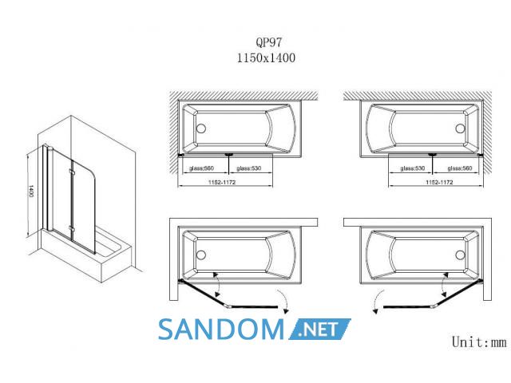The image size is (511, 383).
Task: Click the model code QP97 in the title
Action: click(268, 42)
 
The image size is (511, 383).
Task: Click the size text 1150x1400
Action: click(266, 58)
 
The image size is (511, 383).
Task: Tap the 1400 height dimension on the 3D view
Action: click(31, 191)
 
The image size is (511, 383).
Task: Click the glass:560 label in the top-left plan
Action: click(201, 168)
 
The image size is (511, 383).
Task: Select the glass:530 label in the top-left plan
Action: click(248, 168)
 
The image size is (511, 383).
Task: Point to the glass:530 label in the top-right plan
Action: click(413, 168)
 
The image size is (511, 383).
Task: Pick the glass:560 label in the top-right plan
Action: click(460, 168)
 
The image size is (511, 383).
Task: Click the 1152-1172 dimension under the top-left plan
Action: click(222, 182)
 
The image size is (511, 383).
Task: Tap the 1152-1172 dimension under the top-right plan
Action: click(439, 182)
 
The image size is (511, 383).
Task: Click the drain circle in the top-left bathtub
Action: click(201, 128)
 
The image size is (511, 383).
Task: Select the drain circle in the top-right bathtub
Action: click(460, 128)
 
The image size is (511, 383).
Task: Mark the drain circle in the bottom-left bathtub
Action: click(201, 255)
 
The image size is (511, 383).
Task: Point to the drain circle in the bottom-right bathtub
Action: click(460, 255)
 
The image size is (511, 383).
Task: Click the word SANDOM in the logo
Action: click(221, 330)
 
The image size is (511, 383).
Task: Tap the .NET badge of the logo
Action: click(319, 330)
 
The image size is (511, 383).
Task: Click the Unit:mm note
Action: click(479, 342)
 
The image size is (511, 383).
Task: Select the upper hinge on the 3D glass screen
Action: click(71, 172)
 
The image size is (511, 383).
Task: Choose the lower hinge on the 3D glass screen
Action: click(71, 229)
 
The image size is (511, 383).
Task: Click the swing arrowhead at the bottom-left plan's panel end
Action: click(286, 311)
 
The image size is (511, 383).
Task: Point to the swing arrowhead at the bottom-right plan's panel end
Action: click(375, 311)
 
